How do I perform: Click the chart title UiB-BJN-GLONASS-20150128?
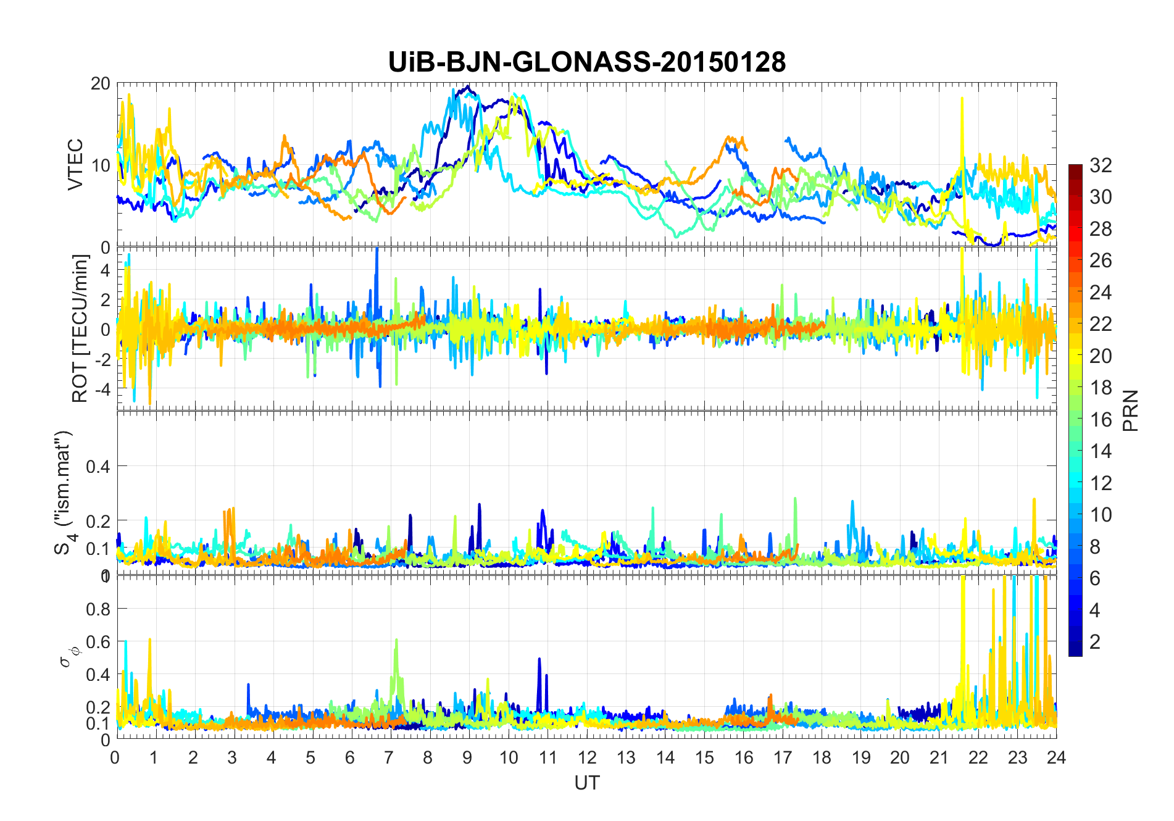(586, 62)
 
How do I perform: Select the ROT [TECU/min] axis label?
(80, 328)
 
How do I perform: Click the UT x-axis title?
(586, 783)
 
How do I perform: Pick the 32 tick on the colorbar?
(1101, 165)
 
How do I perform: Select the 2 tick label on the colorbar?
(1095, 642)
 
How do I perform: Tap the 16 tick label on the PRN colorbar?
(1101, 420)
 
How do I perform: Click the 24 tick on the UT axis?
(1056, 757)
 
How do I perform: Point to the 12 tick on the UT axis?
(586, 757)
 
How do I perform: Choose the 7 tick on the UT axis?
(389, 757)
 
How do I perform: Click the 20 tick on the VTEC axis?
(100, 83)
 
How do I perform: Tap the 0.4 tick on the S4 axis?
(98, 466)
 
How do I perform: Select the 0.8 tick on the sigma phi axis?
(98, 609)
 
